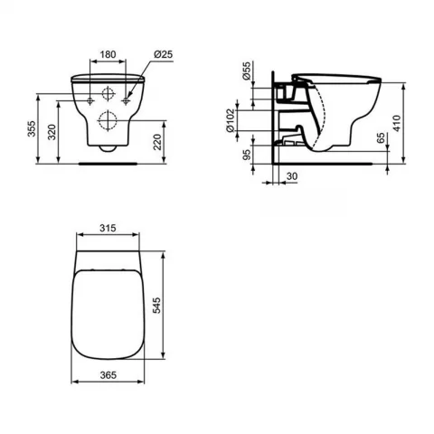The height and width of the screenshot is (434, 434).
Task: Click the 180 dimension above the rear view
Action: click(107, 54)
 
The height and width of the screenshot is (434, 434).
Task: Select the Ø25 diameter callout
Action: click(164, 54)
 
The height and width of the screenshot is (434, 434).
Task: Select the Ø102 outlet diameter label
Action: click(233, 121)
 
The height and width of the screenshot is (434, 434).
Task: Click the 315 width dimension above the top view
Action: click(108, 229)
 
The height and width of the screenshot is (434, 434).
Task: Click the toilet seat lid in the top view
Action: click(108, 312)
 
